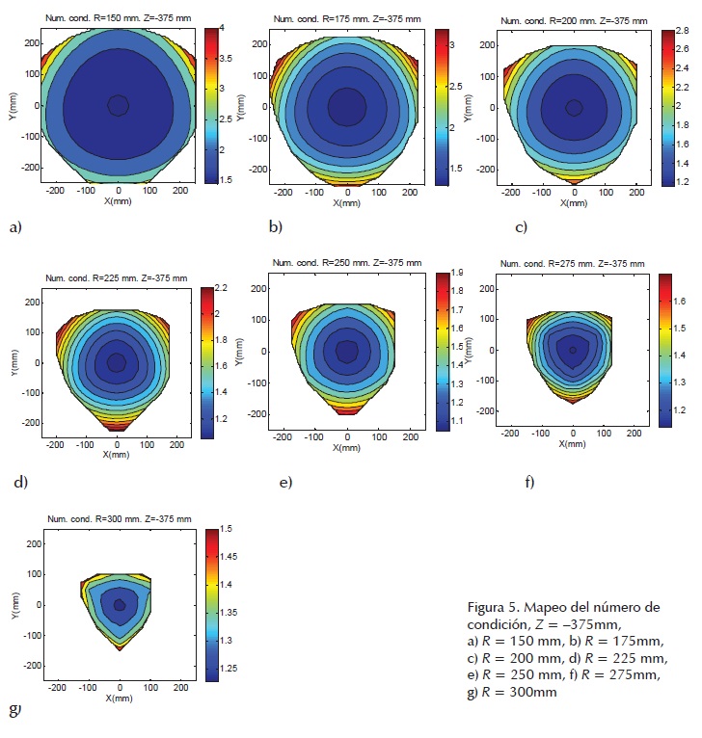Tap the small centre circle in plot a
[x=118, y=105]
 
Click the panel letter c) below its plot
[x=522, y=227]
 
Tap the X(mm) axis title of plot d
[x=117, y=453]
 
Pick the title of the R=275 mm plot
[x=574, y=262]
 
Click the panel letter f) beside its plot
[x=529, y=480]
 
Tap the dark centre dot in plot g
[x=120, y=605]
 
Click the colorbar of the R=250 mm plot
[x=442, y=351]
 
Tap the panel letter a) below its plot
[x=13, y=227]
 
